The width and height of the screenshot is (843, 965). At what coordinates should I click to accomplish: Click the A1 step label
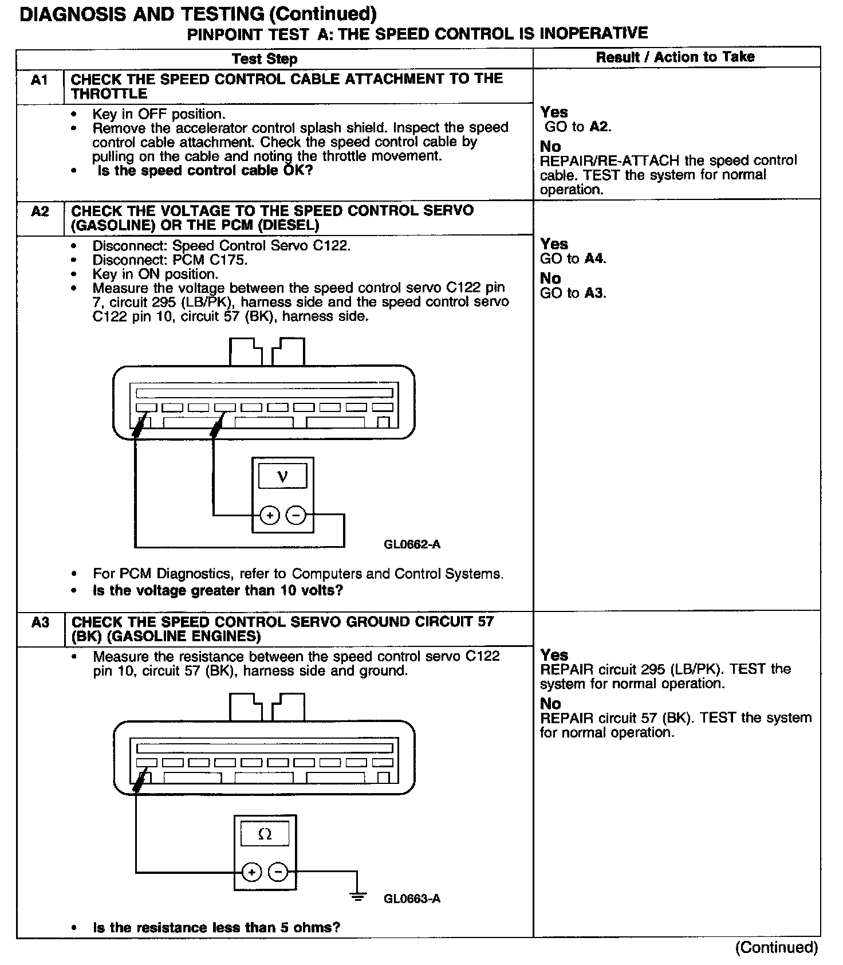coord(40,80)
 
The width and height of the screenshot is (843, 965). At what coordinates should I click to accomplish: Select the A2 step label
coord(40,211)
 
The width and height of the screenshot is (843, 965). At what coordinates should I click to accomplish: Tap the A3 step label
coord(40,622)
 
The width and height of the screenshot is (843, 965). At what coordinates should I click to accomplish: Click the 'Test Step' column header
coord(265,59)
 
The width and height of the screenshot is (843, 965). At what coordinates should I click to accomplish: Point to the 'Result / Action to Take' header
coord(675,57)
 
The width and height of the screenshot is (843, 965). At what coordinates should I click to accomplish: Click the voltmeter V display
coord(282,476)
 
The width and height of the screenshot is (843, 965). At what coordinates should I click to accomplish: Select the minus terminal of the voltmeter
coord(296,516)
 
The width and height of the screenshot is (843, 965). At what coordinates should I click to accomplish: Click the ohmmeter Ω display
coord(265,834)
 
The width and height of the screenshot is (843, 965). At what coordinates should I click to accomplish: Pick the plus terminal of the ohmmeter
coord(251,872)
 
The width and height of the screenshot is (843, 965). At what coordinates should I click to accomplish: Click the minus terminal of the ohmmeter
coord(278,872)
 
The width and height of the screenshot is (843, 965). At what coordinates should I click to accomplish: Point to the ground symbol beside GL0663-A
coord(358,896)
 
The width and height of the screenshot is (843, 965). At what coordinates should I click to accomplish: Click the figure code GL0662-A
coord(412,544)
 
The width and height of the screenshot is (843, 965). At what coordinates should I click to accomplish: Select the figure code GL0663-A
coord(412,898)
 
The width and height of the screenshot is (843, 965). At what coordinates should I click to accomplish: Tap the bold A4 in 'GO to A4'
coord(594,259)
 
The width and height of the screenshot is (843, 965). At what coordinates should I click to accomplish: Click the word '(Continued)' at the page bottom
coord(777,947)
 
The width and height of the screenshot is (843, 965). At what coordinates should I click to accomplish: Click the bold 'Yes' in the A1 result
coord(554,112)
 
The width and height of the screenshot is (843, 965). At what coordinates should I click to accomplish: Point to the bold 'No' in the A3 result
coord(550,704)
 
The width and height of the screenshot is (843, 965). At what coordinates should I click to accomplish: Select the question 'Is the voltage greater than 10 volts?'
coord(218,590)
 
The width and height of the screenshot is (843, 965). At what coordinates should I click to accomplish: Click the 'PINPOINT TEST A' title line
coord(417,34)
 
